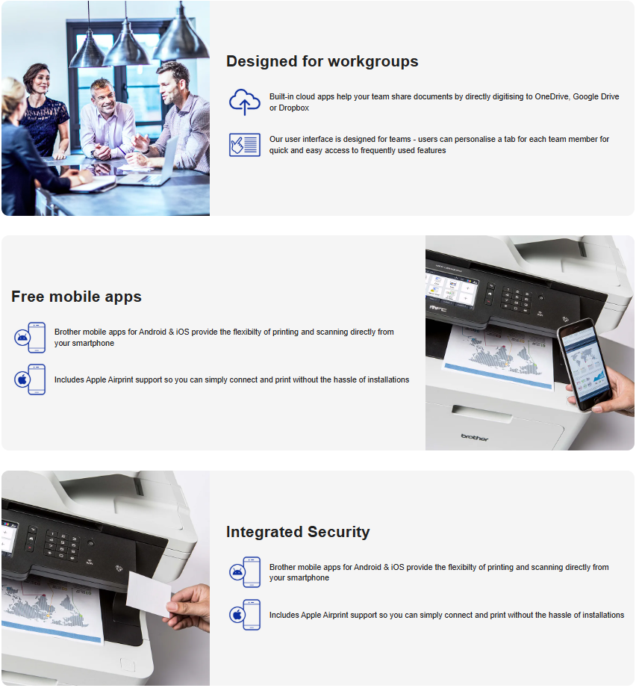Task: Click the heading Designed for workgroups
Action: point(322,61)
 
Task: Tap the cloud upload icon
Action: point(244,102)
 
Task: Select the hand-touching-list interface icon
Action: point(244,144)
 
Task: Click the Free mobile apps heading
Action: point(76,297)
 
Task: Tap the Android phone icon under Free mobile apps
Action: point(30,337)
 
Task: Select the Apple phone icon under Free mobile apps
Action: point(30,379)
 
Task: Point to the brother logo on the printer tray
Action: point(474,437)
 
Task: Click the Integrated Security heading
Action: point(298,532)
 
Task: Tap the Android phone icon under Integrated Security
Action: point(245,572)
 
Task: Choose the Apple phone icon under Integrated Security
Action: point(245,615)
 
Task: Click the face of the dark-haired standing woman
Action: point(35,79)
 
